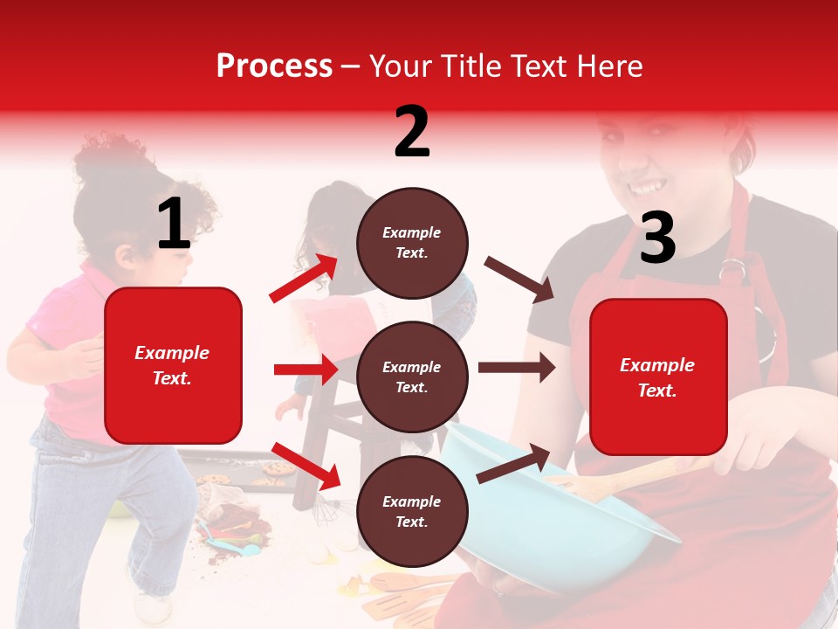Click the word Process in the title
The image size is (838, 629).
274,66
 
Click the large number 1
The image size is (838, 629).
174,225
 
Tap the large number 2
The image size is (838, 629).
412,132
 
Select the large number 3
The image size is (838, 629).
657,238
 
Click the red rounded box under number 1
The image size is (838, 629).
173,365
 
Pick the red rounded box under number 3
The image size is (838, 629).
658,377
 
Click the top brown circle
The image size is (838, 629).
412,243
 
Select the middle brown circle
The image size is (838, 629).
412,377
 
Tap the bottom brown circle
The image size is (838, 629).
412,511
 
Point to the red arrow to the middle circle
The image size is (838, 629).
306,370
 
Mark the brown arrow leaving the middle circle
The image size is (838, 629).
516,367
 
